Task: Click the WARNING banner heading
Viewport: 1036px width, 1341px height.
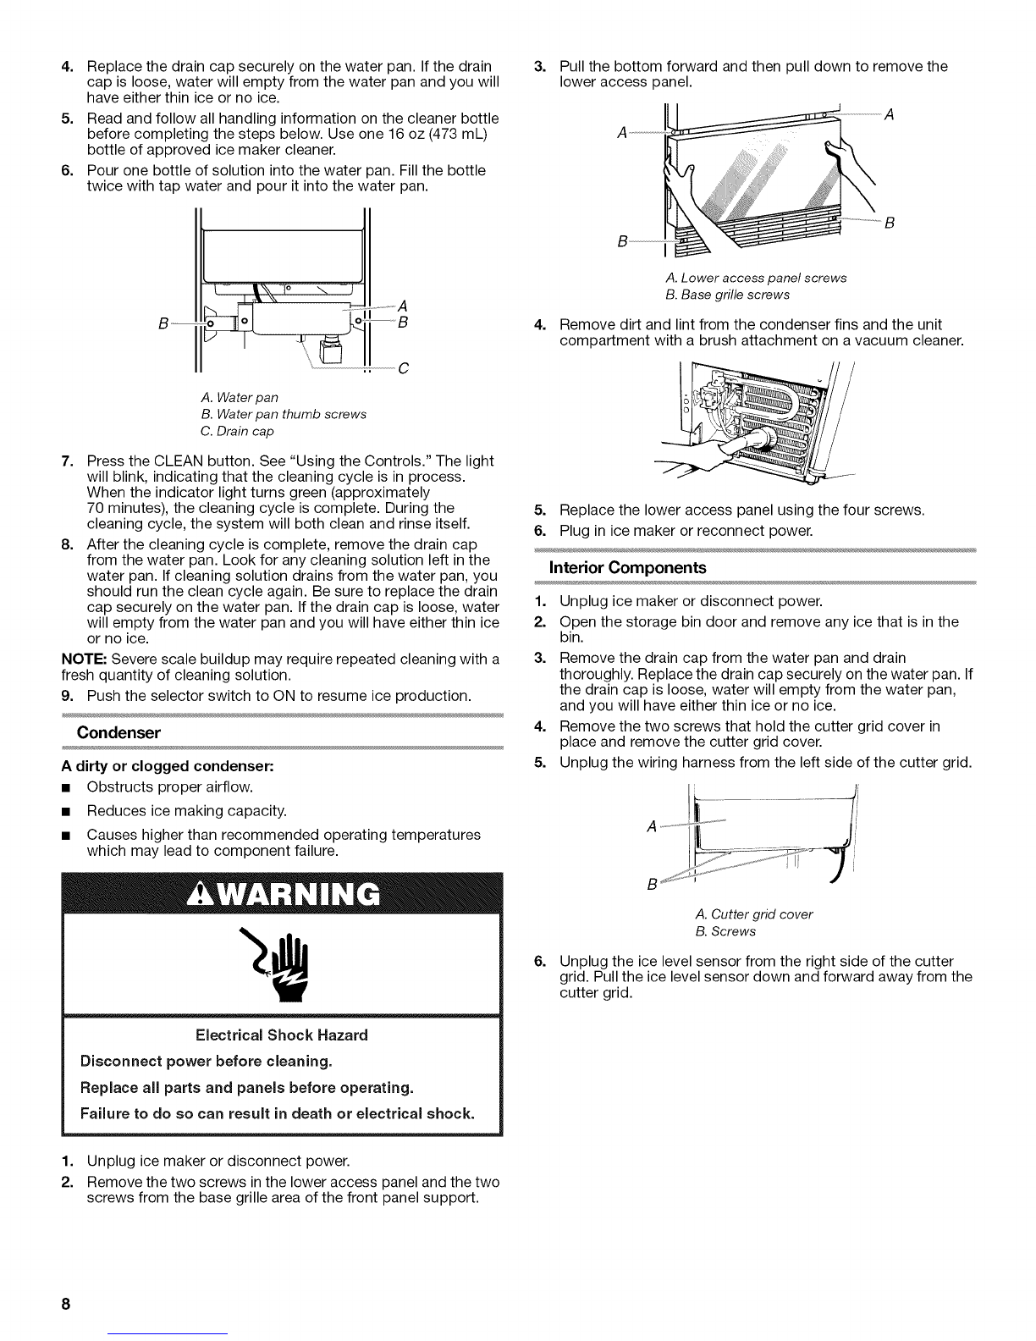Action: point(282,894)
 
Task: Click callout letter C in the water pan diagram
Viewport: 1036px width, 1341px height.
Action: point(403,368)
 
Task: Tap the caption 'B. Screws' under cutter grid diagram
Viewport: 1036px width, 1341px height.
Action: point(725,931)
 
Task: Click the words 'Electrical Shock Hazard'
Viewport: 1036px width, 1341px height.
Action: point(282,1035)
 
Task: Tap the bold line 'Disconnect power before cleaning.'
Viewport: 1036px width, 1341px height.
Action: point(205,1062)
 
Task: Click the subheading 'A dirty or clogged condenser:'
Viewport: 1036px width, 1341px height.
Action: point(153,766)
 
